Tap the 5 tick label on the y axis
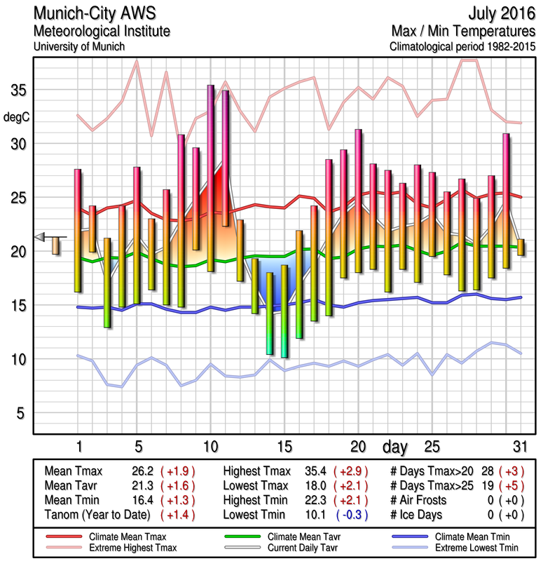(21, 413)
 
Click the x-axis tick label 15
(284, 447)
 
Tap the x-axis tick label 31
(519, 447)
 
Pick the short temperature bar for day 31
(520, 247)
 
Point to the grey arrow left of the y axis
(42, 236)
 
